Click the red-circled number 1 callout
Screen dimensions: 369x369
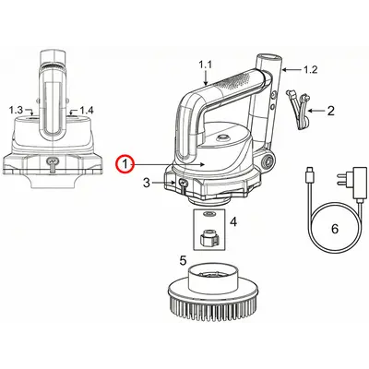pos(123,163)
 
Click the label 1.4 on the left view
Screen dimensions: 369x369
pos(88,110)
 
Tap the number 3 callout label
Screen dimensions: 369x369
pos(146,184)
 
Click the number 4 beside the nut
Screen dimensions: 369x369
pos(233,222)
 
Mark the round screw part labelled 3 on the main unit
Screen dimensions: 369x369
pos(182,185)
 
